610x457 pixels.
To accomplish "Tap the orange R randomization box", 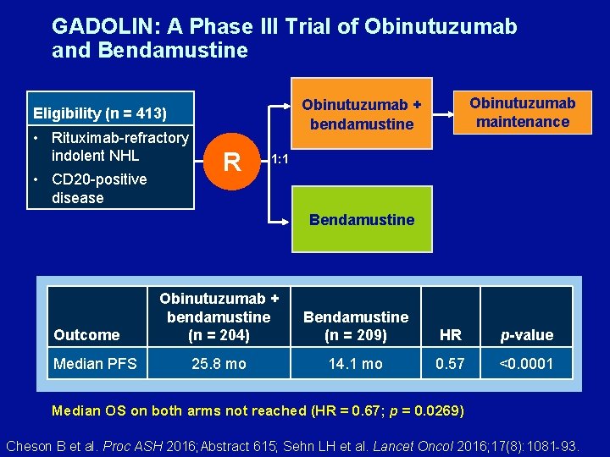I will (x=232, y=160).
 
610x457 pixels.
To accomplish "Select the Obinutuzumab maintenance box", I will (x=522, y=112).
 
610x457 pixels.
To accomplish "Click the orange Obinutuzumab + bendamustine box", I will (x=362, y=113).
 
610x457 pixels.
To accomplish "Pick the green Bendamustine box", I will (x=362, y=219).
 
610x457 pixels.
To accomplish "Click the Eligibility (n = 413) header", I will (x=100, y=113).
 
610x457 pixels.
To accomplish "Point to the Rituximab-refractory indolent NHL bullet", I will (x=119, y=146).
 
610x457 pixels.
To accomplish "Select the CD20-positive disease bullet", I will (x=98, y=189).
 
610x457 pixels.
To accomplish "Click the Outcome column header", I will (x=86, y=335).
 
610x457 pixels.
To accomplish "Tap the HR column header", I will (x=451, y=335).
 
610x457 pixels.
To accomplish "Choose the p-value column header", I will (x=526, y=335).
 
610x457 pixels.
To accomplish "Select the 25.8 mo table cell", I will (x=219, y=364).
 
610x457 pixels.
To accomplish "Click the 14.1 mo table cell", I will (x=356, y=364).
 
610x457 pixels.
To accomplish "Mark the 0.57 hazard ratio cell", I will (x=451, y=364).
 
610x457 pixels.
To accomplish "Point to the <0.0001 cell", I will (x=526, y=364).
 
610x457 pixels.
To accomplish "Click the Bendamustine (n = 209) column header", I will (x=356, y=326).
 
